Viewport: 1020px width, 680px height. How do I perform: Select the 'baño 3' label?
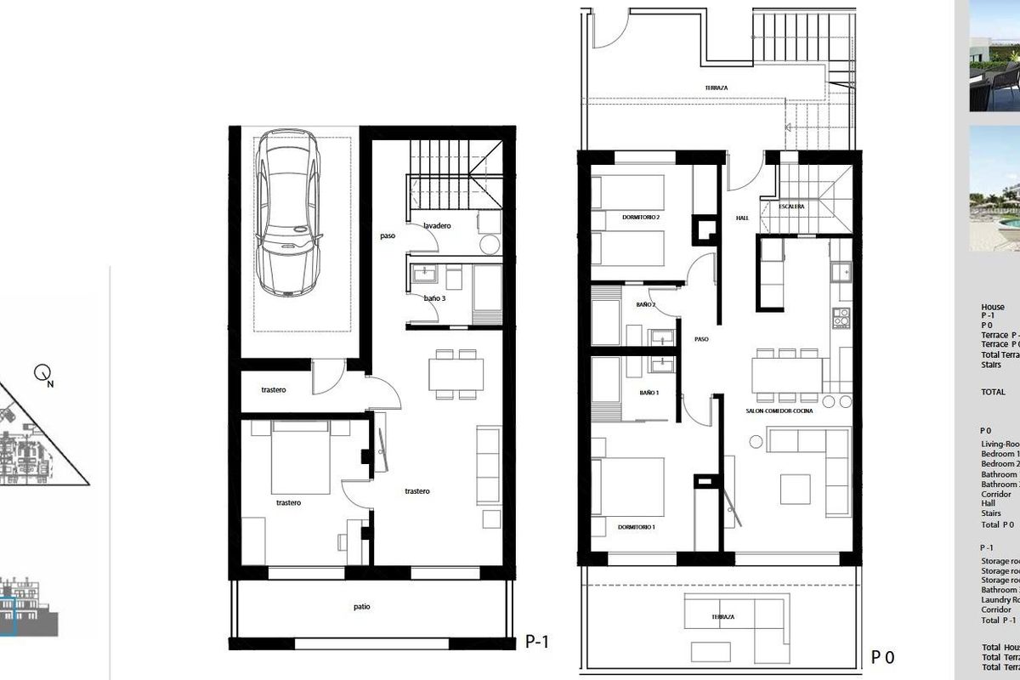(434, 298)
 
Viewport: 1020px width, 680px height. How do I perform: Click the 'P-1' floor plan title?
(537, 643)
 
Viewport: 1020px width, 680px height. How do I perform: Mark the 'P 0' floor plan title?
(883, 657)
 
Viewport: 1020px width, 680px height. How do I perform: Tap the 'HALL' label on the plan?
(741, 218)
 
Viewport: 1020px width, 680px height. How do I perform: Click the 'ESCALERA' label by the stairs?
(791, 207)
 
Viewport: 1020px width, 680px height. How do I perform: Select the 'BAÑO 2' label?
(645, 303)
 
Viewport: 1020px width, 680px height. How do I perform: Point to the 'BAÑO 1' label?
(649, 393)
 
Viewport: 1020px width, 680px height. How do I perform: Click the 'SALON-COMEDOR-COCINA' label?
(779, 411)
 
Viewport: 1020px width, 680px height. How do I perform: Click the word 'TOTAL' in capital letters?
(993, 393)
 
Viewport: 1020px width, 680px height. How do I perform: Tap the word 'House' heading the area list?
(993, 307)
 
